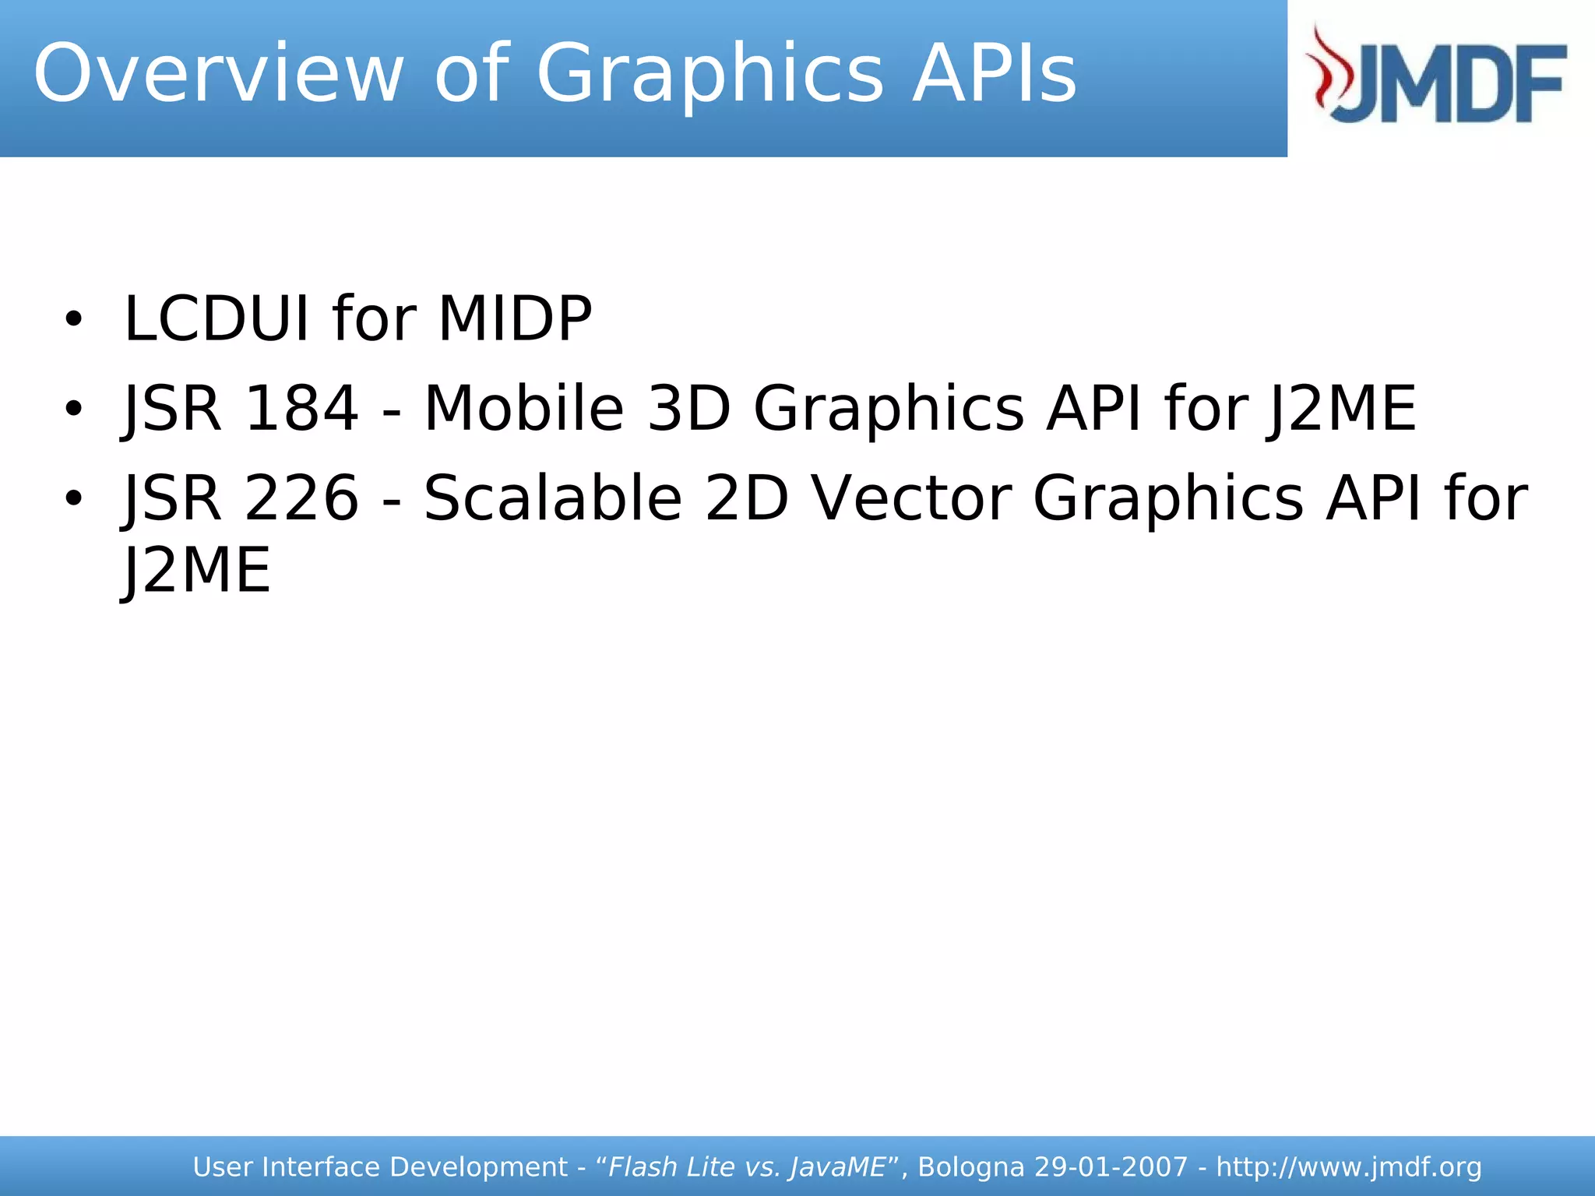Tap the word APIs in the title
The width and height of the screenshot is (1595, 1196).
[995, 74]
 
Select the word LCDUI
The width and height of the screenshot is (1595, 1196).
[217, 319]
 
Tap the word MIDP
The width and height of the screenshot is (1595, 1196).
[515, 319]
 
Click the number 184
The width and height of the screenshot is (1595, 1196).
[301, 409]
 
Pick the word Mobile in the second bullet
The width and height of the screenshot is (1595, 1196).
[523, 409]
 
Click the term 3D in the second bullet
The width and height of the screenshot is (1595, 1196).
[688, 409]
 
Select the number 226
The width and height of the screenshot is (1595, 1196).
[301, 498]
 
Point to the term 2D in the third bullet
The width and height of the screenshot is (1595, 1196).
[747, 498]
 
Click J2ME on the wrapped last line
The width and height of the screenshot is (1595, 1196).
[197, 571]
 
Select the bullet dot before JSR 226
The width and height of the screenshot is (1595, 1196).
[73, 498]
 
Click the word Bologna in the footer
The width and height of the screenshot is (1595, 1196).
[971, 1167]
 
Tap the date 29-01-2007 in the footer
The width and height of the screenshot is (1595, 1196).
[1111, 1167]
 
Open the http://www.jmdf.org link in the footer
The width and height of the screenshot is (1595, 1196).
[1349, 1167]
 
